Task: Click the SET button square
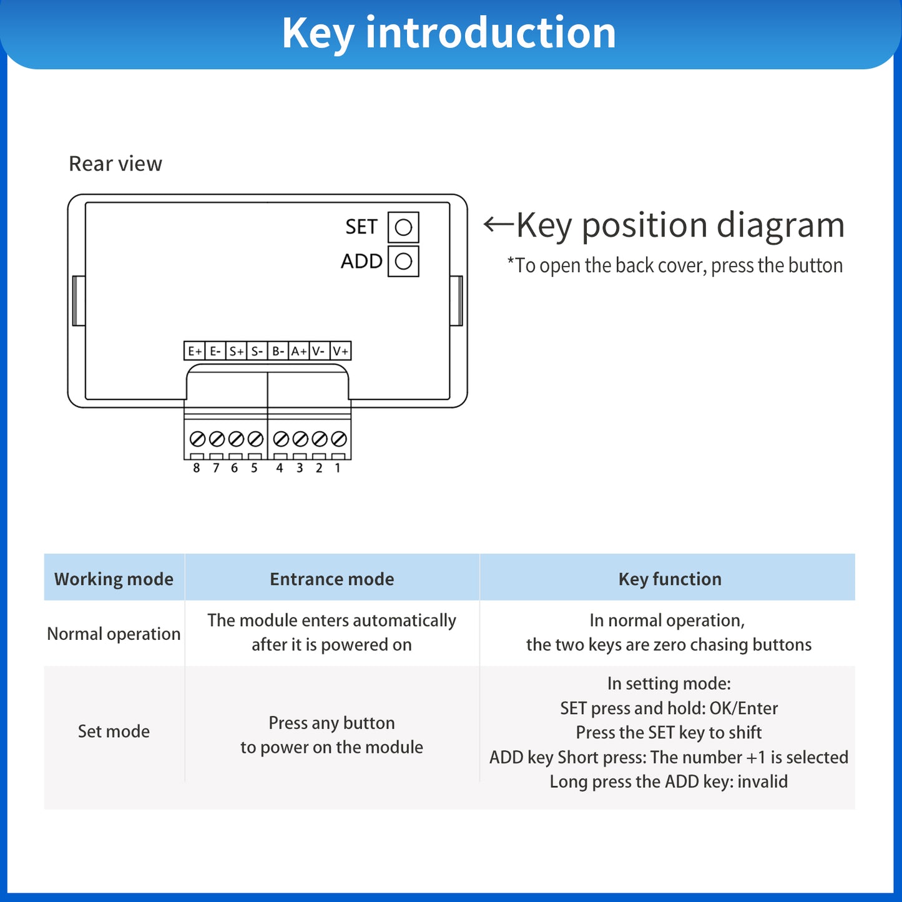[403, 227]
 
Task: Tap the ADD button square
[403, 261]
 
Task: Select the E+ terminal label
[195, 351]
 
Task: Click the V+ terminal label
[341, 351]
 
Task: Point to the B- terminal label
[278, 351]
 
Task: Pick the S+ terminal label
[237, 351]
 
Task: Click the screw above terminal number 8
[197, 439]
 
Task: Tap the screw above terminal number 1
[339, 439]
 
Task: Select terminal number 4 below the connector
[280, 468]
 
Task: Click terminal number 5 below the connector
[254, 468]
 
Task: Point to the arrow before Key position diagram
[499, 224]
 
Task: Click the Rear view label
[115, 164]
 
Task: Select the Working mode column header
[114, 579]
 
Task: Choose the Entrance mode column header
[332, 579]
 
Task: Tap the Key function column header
[670, 579]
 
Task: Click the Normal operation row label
[114, 634]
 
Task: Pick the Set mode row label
[114, 732]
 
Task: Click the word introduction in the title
[491, 33]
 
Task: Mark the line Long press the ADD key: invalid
[669, 782]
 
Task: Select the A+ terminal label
[299, 351]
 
